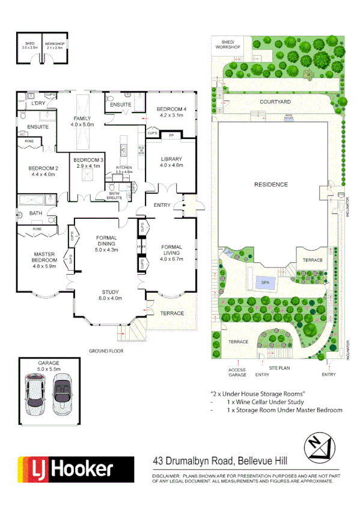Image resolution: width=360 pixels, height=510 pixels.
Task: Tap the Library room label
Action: pyautogui.click(x=171, y=159)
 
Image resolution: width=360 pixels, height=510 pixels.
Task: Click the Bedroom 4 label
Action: pyautogui.click(x=172, y=109)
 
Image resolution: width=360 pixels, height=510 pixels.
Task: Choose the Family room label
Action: pyautogui.click(x=82, y=118)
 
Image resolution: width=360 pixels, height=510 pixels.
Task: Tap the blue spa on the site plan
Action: pyautogui.click(x=265, y=282)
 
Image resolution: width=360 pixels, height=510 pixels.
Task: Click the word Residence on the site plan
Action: pyautogui.click(x=270, y=184)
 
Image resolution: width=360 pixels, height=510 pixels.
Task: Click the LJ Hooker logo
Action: pyautogui.click(x=76, y=469)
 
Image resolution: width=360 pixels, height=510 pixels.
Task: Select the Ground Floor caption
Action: pyautogui.click(x=106, y=350)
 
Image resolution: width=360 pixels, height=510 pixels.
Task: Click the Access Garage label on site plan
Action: pyautogui.click(x=237, y=372)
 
